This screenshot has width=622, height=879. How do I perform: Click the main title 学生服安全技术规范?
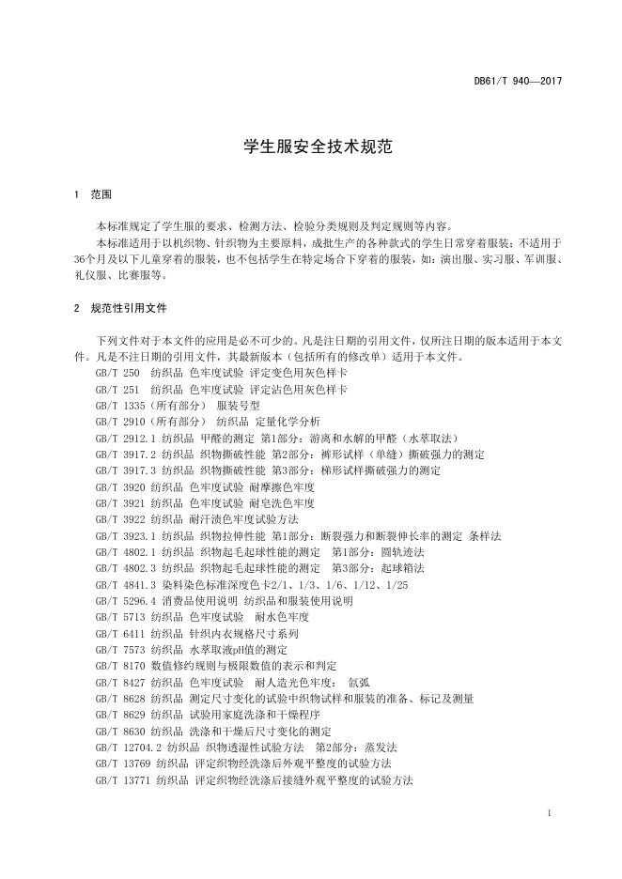pos(310,146)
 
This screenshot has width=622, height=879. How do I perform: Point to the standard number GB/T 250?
pos(117,373)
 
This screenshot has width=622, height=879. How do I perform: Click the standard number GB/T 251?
pos(117,389)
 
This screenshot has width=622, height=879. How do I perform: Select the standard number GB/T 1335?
pos(121,406)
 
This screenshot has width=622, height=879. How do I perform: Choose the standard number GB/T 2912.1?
pos(126,439)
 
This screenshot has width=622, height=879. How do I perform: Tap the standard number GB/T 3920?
pos(121,487)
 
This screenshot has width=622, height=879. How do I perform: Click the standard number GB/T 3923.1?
pos(126,536)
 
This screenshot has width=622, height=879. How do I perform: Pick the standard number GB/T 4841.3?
pos(126,585)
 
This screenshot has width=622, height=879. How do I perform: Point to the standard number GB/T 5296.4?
pos(126,601)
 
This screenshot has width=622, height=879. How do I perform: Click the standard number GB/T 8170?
pos(121,666)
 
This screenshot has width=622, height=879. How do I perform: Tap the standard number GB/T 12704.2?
pos(130,748)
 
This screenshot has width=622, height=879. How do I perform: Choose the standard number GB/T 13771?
pos(124,780)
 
